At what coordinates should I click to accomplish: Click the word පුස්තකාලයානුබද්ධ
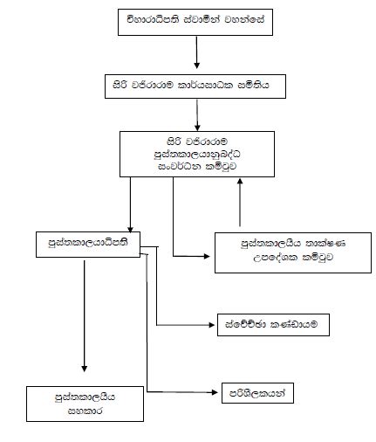tap(196, 150)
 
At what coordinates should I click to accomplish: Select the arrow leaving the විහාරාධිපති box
tap(198, 54)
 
